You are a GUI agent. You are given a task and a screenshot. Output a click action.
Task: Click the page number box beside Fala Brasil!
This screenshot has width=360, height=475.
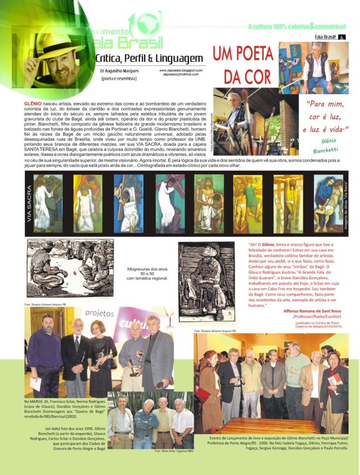click(342, 38)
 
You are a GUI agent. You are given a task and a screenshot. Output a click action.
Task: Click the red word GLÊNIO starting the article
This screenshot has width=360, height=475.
click(34, 103)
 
